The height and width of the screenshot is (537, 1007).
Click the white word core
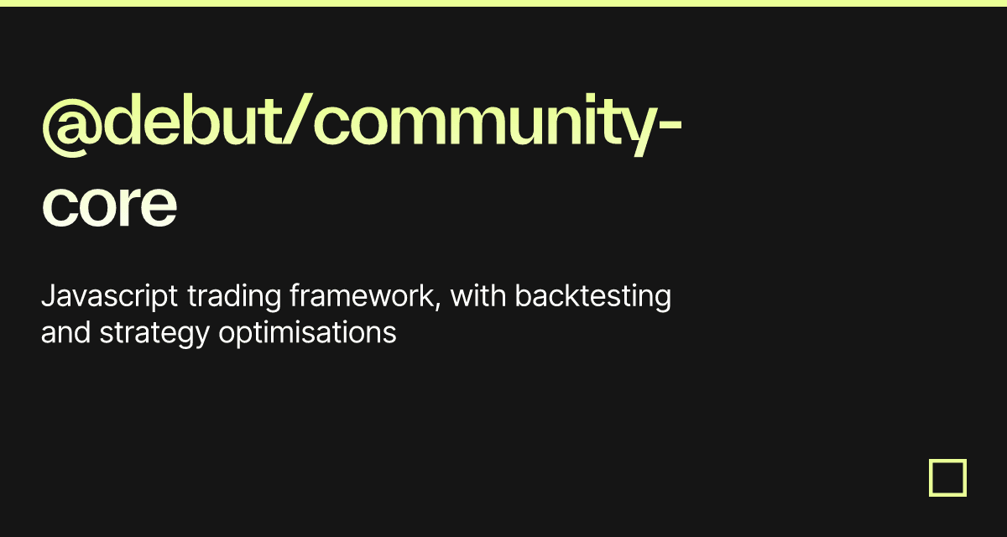[x=109, y=206]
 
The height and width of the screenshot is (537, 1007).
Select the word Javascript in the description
[x=109, y=298]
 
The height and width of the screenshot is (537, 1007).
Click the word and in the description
[x=66, y=333]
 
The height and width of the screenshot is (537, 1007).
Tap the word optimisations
[x=307, y=333]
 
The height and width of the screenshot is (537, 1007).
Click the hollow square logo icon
[x=947, y=477]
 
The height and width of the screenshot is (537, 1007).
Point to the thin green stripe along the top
[x=503, y=3]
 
